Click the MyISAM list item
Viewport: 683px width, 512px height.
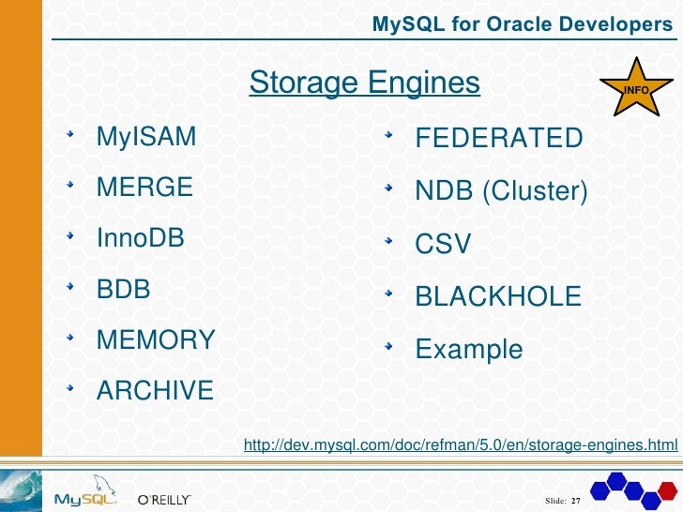(x=146, y=138)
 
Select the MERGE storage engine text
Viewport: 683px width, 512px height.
(x=144, y=187)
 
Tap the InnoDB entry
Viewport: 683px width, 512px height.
(x=141, y=237)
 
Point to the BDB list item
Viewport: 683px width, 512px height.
(x=124, y=289)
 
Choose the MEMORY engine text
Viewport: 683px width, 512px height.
(x=156, y=339)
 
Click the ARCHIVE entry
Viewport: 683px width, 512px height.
(x=155, y=390)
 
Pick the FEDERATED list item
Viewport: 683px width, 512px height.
(x=499, y=139)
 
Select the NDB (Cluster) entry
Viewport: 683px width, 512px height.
(x=502, y=191)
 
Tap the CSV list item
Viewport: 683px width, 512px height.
(x=443, y=245)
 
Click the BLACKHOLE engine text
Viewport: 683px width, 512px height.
(x=498, y=297)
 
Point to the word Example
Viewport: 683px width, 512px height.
(x=469, y=350)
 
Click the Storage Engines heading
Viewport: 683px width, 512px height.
(x=365, y=83)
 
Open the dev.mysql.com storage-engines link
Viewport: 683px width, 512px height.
(x=460, y=444)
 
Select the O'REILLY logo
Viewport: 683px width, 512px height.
(x=164, y=498)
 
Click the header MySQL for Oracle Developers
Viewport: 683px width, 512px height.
(x=523, y=24)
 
